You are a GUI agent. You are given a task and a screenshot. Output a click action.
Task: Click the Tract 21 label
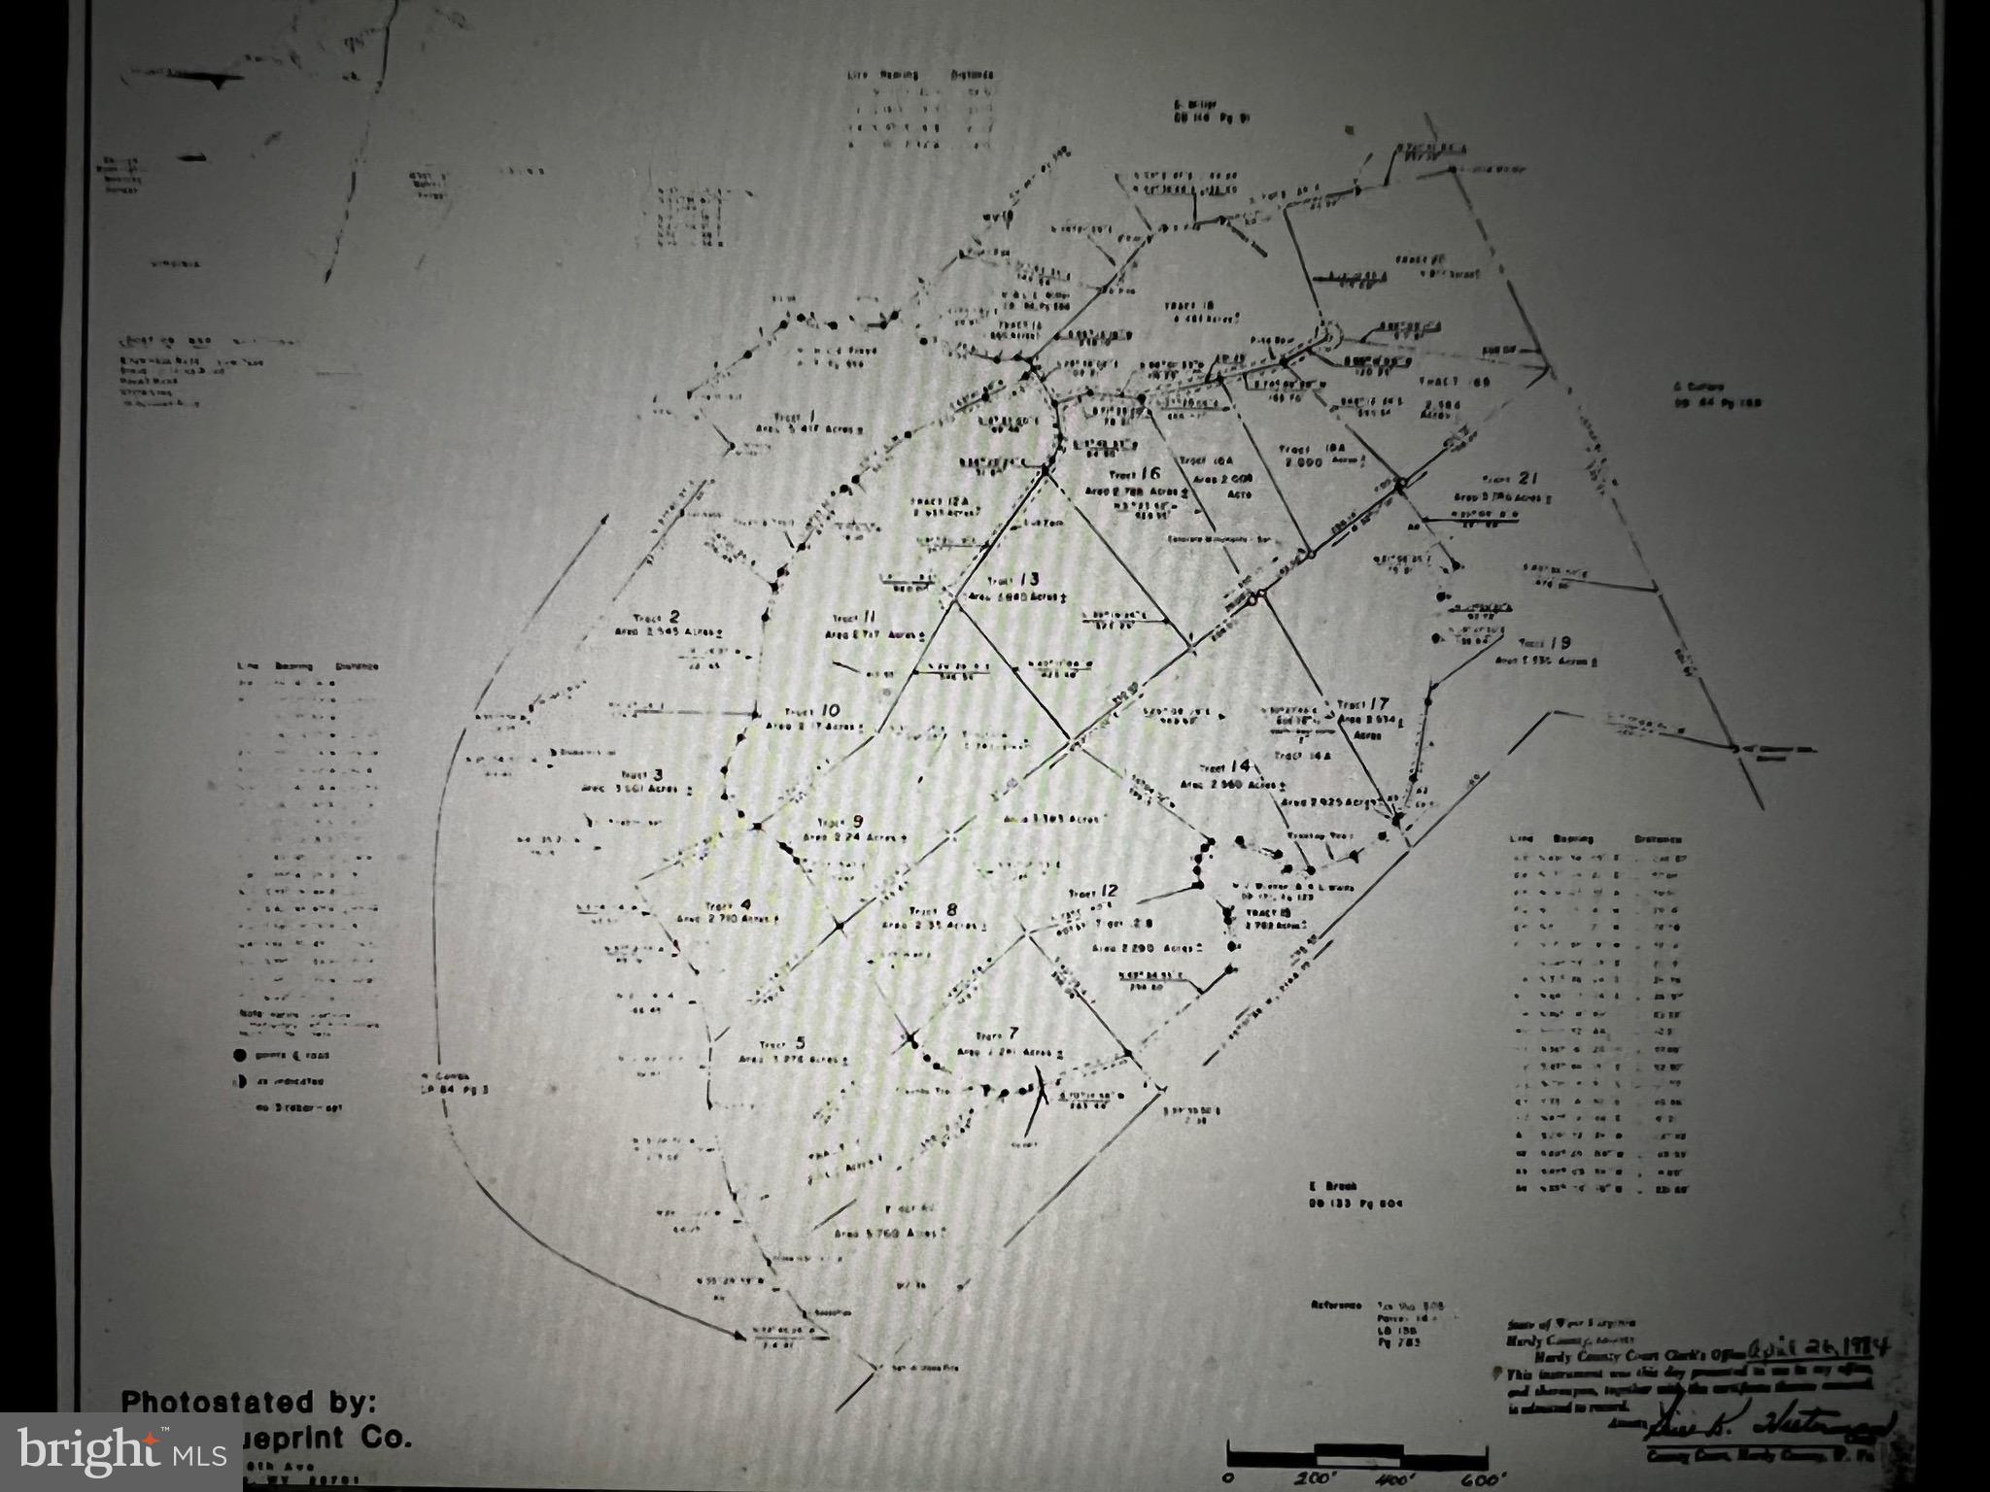click(x=1510, y=479)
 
